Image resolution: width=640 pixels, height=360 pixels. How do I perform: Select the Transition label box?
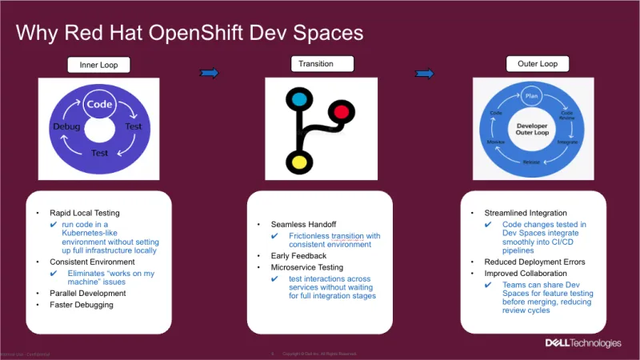[x=311, y=63]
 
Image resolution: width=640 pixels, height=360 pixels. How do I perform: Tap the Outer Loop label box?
[x=526, y=63]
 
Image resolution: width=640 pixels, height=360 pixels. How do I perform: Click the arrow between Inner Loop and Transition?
[x=209, y=73]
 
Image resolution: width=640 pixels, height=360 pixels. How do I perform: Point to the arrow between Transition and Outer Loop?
[x=425, y=74]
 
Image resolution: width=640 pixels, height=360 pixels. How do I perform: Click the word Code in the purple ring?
[x=99, y=104]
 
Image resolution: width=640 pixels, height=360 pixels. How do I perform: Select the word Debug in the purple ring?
[x=66, y=127]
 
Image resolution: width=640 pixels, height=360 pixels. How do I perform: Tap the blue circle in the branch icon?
[x=299, y=101]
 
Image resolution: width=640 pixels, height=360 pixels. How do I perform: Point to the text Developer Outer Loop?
[x=532, y=130]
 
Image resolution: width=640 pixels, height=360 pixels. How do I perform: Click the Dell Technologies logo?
[x=582, y=342]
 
